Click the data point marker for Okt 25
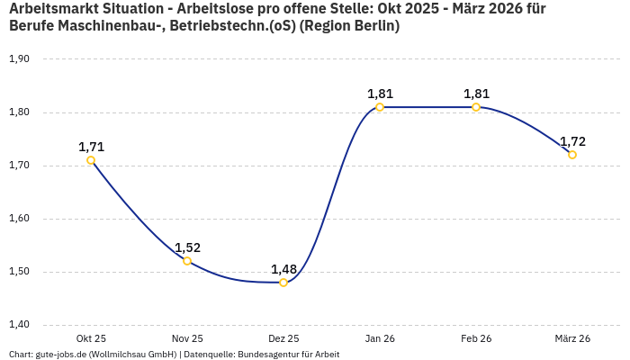pyautogui.click(x=91, y=160)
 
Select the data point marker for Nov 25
pyautogui.click(x=187, y=261)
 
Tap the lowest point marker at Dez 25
pyautogui.click(x=283, y=283)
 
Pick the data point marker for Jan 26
pyautogui.click(x=380, y=107)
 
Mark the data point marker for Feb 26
pyautogui.click(x=476, y=107)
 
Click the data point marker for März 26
pyautogui.click(x=572, y=155)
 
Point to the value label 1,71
pyautogui.click(x=91, y=147)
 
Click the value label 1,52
pyautogui.click(x=187, y=247)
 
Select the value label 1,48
pyautogui.click(x=283, y=269)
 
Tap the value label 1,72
pyautogui.click(x=572, y=141)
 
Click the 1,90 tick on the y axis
pyautogui.click(x=19, y=59)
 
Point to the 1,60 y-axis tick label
pyautogui.click(x=19, y=219)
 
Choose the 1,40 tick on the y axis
pyautogui.click(x=19, y=325)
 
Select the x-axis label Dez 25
pyautogui.click(x=283, y=338)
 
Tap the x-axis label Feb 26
pyautogui.click(x=476, y=338)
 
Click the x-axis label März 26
pyautogui.click(x=572, y=338)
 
